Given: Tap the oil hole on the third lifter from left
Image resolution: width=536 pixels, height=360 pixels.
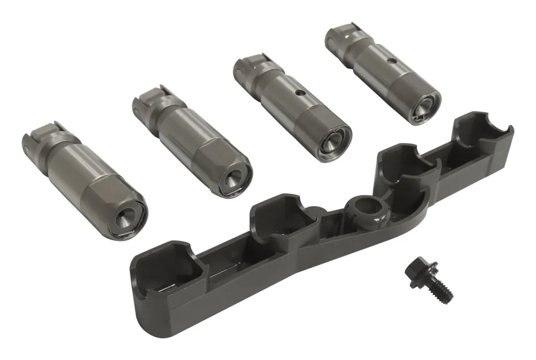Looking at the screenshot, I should point(301,94).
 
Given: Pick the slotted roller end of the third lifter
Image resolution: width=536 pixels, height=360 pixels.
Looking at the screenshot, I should point(251,66).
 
